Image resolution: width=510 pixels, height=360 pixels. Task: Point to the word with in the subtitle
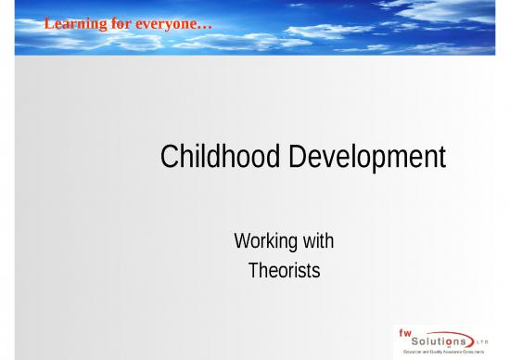point(316,242)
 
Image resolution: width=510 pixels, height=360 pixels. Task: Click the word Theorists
point(284,272)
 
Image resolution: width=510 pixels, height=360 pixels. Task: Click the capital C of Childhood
point(170,157)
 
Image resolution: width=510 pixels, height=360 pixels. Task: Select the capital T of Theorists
point(254,272)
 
